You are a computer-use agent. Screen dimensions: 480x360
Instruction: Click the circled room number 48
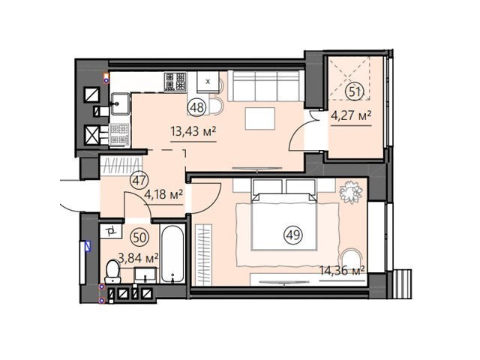tap(197, 107)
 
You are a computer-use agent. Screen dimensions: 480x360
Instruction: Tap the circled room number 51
tap(355, 91)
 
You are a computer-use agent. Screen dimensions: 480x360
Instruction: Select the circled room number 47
tap(139, 180)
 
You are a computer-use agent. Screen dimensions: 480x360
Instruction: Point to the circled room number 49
tap(293, 235)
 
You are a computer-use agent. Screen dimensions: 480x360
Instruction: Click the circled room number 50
tap(139, 237)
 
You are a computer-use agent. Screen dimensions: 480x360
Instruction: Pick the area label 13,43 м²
tap(193, 132)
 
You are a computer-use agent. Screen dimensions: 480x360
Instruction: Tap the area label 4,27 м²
tap(352, 115)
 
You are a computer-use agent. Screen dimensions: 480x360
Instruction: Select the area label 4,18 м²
tap(163, 194)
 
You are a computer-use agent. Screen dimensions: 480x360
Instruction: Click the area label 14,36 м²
tap(342, 271)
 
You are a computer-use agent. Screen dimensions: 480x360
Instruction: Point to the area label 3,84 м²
tap(138, 258)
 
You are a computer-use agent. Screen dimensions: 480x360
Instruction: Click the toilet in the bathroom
tap(112, 271)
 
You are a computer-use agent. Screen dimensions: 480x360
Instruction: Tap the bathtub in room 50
tap(172, 253)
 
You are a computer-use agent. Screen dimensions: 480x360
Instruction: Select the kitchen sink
tap(120, 103)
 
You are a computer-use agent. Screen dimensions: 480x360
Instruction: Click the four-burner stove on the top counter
tap(175, 82)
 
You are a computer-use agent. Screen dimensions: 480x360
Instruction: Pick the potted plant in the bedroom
tap(350, 191)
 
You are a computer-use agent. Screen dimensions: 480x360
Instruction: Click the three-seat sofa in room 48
tap(265, 86)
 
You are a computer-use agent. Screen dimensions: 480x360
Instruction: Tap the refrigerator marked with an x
tap(208, 82)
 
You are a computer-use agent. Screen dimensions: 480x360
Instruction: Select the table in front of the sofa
tap(260, 118)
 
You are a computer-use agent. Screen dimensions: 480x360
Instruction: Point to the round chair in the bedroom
tap(352, 256)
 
